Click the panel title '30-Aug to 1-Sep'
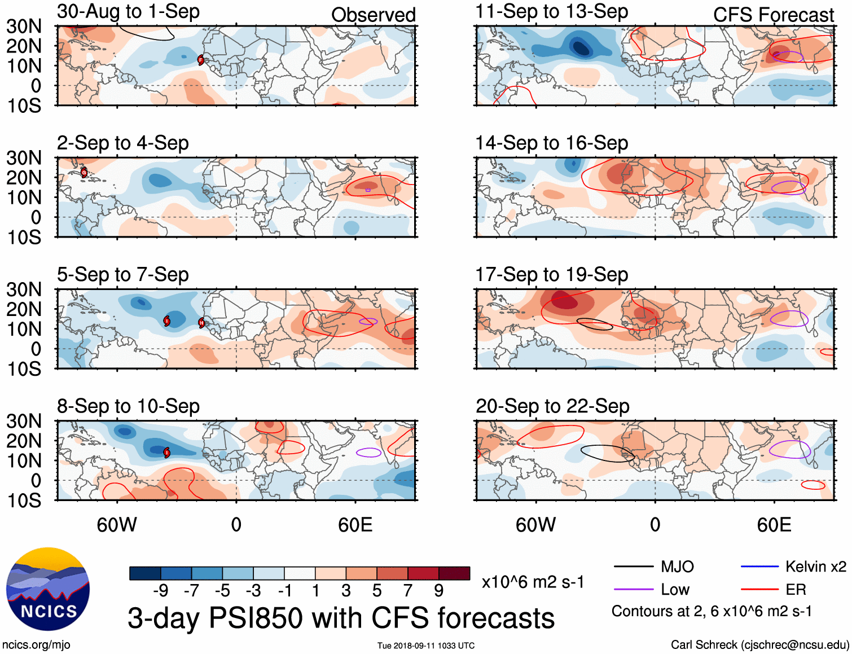(x=128, y=11)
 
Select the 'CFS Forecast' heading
(x=773, y=15)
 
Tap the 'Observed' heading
(x=373, y=15)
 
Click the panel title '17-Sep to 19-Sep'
(x=551, y=275)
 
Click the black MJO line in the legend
(x=633, y=567)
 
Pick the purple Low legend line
(x=633, y=590)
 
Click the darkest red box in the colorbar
(x=454, y=573)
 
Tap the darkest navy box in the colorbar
(x=145, y=573)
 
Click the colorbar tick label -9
(x=161, y=591)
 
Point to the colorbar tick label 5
(x=377, y=591)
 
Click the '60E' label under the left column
(x=355, y=525)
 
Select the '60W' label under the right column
(x=535, y=525)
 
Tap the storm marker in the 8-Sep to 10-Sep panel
(x=167, y=452)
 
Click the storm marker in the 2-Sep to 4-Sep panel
(x=84, y=172)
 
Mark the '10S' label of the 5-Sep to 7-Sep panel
(x=24, y=369)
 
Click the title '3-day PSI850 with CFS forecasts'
(x=341, y=618)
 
